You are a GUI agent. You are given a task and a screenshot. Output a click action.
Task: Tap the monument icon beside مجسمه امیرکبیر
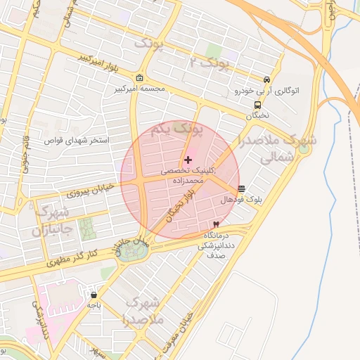(140, 77)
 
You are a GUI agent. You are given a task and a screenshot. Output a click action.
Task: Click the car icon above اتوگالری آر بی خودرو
(266, 79)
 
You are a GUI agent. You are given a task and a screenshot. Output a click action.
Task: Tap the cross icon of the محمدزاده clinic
(188, 160)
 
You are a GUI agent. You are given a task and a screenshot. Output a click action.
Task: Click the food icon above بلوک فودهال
(241, 188)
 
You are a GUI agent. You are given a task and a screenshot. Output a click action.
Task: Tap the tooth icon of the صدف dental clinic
(216, 224)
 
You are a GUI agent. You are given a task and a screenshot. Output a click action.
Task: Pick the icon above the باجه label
(94, 294)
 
